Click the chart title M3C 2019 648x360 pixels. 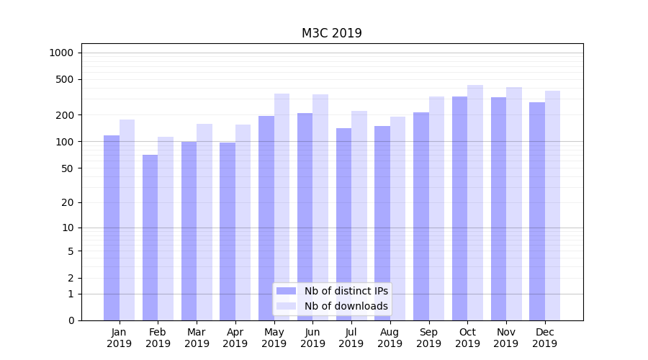[x=331, y=33]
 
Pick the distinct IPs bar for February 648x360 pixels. [x=150, y=238]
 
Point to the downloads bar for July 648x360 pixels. [x=359, y=215]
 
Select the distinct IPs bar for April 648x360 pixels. [x=228, y=231]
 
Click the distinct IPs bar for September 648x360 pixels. [x=421, y=216]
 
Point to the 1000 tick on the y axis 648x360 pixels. [x=61, y=53]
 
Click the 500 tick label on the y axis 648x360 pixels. [x=65, y=79]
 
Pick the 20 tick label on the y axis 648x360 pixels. [x=68, y=202]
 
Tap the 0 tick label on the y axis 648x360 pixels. [x=71, y=320]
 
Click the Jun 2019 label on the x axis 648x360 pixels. [x=312, y=338]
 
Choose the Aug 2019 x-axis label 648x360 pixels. [x=390, y=338]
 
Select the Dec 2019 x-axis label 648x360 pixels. [x=544, y=338]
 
